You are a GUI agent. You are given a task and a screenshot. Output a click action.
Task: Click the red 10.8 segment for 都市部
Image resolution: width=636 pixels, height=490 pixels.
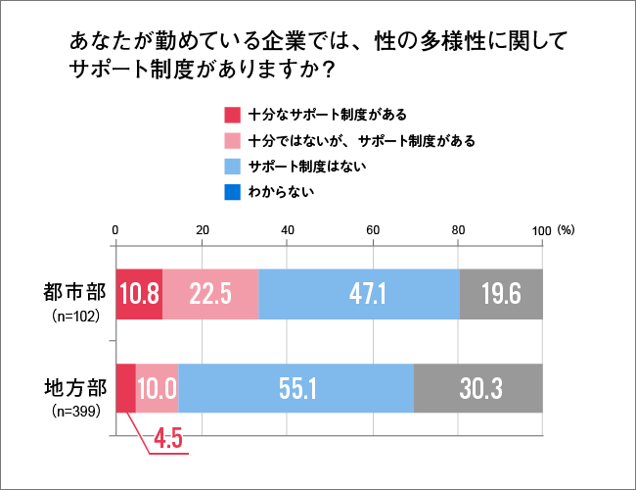pyautogui.click(x=139, y=293)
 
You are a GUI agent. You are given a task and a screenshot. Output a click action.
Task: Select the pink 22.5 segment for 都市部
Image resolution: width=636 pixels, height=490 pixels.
pyautogui.click(x=210, y=293)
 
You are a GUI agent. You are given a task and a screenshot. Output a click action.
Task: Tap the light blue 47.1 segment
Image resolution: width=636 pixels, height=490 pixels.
pyautogui.click(x=359, y=293)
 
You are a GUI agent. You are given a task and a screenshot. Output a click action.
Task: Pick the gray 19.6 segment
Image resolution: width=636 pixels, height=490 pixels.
pyautogui.click(x=501, y=293)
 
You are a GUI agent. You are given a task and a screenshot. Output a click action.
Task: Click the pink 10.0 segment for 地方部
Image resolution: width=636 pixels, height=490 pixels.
pyautogui.click(x=157, y=388)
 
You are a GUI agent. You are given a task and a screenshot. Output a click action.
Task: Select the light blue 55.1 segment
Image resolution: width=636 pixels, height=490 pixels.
pyautogui.click(x=295, y=388)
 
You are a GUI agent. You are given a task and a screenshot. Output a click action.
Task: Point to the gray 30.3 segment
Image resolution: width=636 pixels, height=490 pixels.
pyautogui.click(x=478, y=388)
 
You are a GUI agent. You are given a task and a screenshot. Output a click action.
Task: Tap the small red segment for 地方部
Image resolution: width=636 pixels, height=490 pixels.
pyautogui.click(x=125, y=388)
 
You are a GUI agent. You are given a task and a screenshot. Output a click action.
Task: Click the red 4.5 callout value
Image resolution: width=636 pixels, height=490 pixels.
pyautogui.click(x=168, y=438)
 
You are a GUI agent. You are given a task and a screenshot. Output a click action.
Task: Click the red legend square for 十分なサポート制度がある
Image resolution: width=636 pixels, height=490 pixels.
pyautogui.click(x=232, y=114)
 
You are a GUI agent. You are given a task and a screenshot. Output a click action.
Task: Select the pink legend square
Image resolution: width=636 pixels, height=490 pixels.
pyautogui.click(x=232, y=140)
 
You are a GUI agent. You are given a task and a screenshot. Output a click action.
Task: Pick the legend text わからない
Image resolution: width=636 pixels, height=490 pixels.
pyautogui.click(x=281, y=192)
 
